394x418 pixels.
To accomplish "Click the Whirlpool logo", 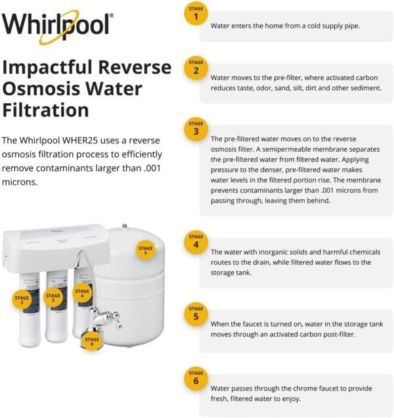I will [57, 26].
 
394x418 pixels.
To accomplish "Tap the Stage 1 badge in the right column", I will [196, 13].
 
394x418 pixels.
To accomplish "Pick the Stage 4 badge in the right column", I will [196, 241].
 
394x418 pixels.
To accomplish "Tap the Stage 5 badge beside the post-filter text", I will [196, 312].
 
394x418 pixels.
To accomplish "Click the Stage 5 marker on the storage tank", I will [146, 250].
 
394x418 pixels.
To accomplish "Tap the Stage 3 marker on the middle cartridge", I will [53, 298].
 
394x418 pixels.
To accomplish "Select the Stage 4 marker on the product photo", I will [82, 294].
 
